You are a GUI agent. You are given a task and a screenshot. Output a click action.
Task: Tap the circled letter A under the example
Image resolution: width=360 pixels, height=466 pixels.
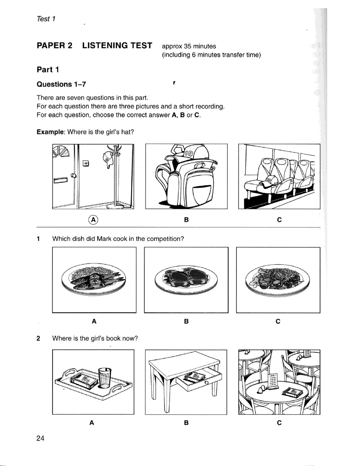pos(94,220)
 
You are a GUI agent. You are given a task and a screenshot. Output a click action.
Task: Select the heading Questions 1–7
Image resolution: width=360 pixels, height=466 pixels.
pos(61,84)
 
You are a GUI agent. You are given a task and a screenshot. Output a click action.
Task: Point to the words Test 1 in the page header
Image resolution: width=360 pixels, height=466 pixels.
pos(46,19)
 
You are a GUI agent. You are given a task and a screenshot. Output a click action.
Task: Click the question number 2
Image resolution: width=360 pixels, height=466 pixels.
pos(38,338)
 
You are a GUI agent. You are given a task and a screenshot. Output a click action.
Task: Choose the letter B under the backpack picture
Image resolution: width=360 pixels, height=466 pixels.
pos(186,220)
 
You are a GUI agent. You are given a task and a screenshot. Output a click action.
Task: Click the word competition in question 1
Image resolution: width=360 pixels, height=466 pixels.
pos(165,239)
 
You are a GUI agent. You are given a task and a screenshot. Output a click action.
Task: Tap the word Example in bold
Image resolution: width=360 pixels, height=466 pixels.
pos(51,132)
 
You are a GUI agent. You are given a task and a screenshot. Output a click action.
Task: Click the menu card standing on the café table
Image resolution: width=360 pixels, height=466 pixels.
pos(274,381)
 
